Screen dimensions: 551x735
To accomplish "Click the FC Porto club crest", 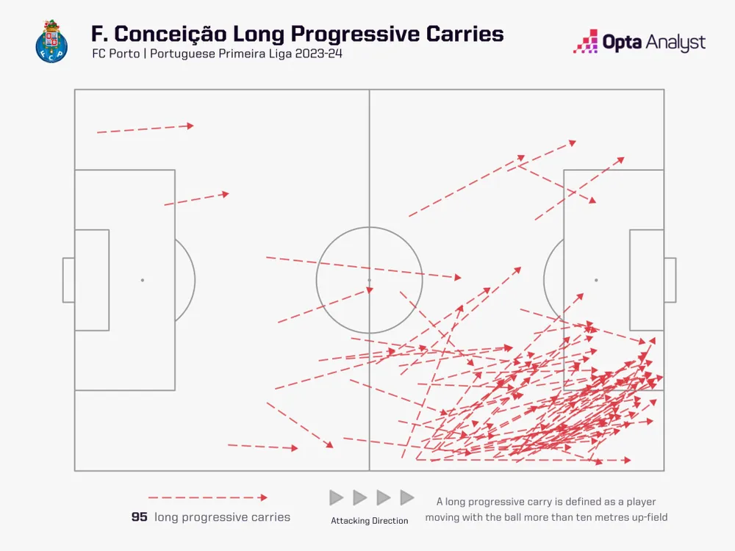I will tap(51, 40).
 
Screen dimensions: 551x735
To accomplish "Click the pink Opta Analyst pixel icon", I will tap(585, 42).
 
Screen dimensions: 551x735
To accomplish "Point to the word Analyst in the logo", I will tap(675, 43).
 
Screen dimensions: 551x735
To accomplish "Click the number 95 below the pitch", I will tap(139, 517).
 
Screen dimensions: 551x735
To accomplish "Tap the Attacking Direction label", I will tap(369, 521).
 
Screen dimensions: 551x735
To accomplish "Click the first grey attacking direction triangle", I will tap(337, 498).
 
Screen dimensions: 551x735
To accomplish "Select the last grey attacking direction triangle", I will tap(406, 498).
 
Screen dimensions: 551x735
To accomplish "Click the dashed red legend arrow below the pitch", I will tap(207, 498).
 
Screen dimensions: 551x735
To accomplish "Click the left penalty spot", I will tap(143, 280).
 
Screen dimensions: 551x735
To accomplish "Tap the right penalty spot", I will tap(595, 280).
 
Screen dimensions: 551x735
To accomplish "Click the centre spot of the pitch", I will tap(369, 280).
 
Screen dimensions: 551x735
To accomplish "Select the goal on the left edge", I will tap(68, 280).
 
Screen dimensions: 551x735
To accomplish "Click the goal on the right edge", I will tap(670, 280).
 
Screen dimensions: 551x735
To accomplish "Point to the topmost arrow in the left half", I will tap(146, 129).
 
